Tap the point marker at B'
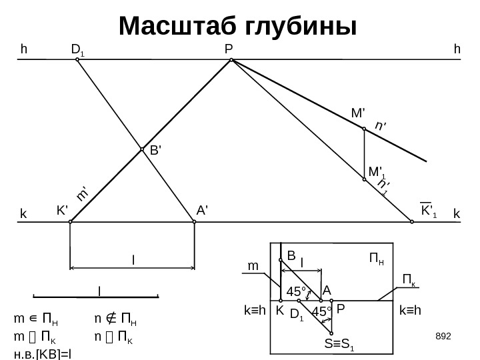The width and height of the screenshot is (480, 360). pyautogui.click(x=142, y=149)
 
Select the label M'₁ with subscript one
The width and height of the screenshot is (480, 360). pyautogui.click(x=378, y=173)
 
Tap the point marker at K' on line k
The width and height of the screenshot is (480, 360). pyautogui.click(x=70, y=223)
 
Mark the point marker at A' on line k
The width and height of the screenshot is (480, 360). pyautogui.click(x=194, y=223)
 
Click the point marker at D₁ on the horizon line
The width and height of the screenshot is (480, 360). pyautogui.click(x=77, y=59)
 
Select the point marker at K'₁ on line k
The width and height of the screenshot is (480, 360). pyautogui.click(x=412, y=223)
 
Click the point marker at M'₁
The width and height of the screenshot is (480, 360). pyautogui.click(x=365, y=178)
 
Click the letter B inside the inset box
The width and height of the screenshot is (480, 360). pyautogui.click(x=291, y=255)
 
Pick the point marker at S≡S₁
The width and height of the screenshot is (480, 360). pyautogui.click(x=331, y=332)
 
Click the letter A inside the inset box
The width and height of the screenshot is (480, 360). pyautogui.click(x=327, y=291)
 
